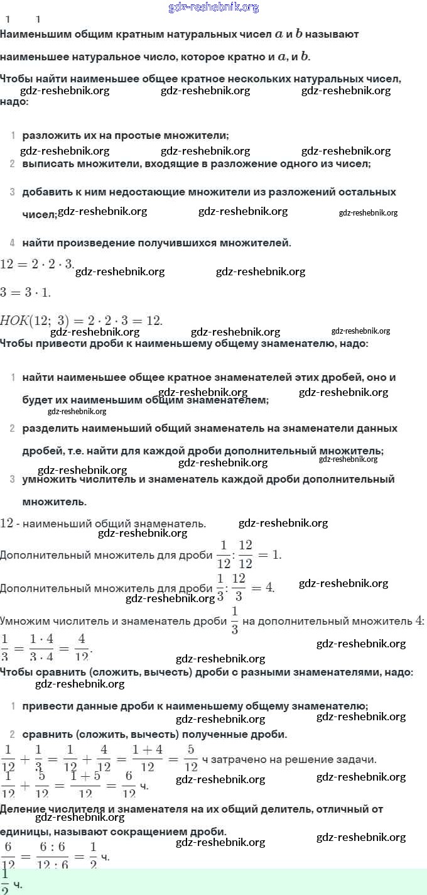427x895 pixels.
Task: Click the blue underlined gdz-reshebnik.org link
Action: coord(213,8)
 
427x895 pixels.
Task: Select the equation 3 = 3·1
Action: coord(25,292)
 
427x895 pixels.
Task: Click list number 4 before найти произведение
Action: coord(13,243)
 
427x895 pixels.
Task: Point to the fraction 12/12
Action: coord(246,554)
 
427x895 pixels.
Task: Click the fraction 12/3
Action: coord(239,586)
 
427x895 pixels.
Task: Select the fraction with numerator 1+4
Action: coord(148,757)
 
